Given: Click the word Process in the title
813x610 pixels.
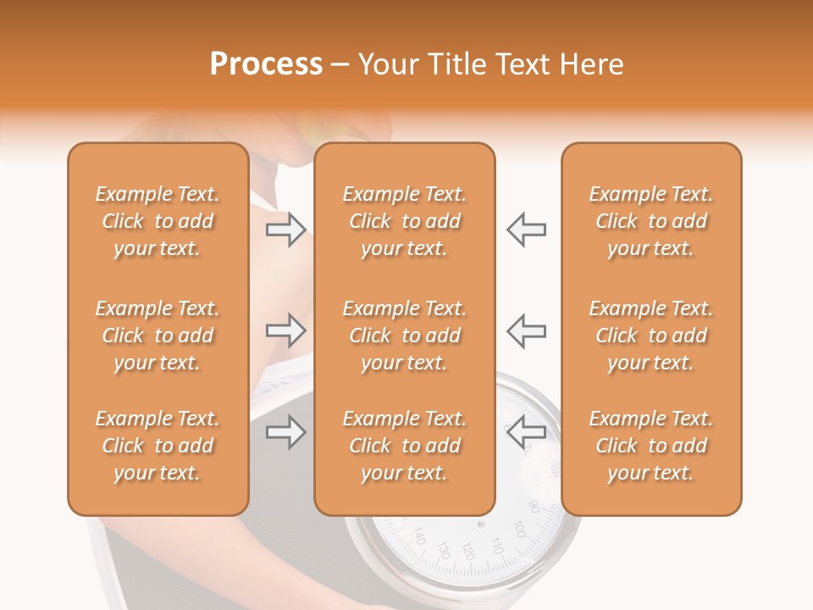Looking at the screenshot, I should coord(266,64).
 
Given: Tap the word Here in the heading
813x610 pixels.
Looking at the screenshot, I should coord(589,64).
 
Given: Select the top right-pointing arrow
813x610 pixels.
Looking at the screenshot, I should coord(286,230).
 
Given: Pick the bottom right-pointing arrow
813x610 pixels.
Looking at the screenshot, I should coord(286,433).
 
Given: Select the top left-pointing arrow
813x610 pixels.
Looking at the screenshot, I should coord(526,230).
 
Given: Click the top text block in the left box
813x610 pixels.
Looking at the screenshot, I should coord(158,221).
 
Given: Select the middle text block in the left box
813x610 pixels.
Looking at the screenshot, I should coord(158,335).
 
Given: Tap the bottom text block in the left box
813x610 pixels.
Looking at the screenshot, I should coord(158,446).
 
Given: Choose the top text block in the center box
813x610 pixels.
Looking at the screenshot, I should coord(404,221).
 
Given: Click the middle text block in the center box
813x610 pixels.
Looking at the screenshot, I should coord(404,335).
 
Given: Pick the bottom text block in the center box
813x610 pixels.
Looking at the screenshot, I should coord(404,446).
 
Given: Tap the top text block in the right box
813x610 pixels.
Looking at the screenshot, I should coord(650,221).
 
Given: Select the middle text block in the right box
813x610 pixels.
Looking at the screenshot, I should coord(650,335).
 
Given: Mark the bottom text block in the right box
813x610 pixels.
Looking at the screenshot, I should coord(650,446).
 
